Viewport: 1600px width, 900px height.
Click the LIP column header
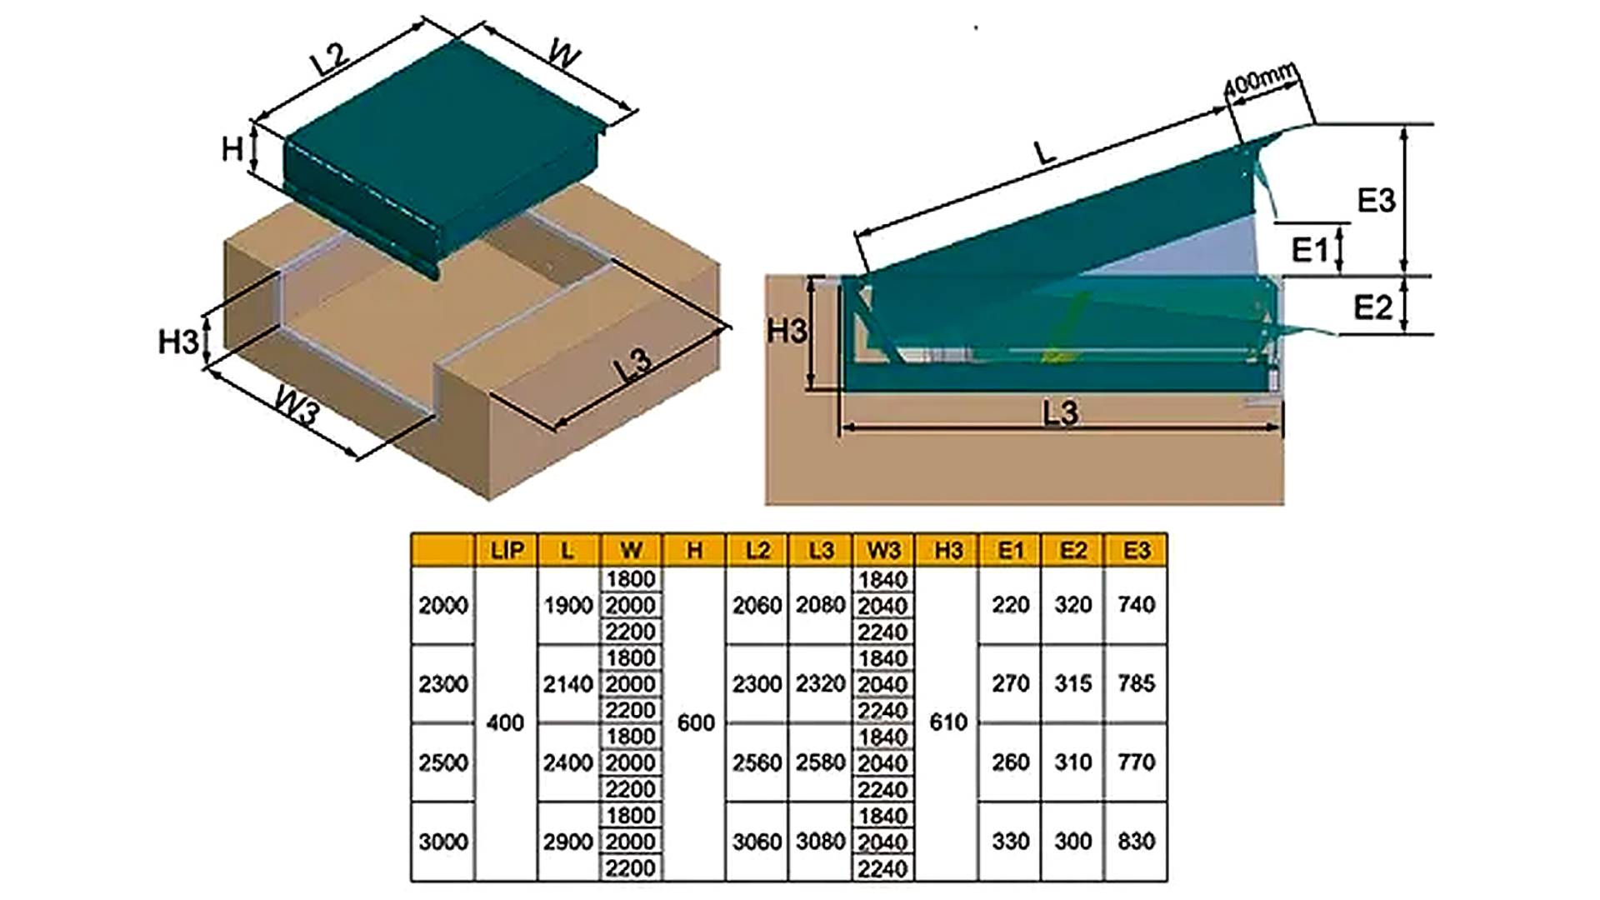(507, 550)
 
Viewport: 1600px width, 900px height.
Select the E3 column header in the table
(1136, 550)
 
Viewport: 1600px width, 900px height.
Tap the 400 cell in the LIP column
(505, 722)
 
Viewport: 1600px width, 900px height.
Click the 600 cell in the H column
(695, 722)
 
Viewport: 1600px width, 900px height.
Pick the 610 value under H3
(947, 722)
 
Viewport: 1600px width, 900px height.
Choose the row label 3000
(442, 842)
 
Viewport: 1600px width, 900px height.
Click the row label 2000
(442, 605)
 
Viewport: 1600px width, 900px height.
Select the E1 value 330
(1010, 842)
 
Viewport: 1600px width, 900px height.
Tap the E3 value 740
(1136, 605)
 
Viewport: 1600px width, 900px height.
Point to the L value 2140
(567, 684)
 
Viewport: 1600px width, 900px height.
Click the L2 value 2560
(757, 762)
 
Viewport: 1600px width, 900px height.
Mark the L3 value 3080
(820, 842)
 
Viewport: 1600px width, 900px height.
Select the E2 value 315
(1072, 684)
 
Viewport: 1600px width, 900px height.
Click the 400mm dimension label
(1260, 79)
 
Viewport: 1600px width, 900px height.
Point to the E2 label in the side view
(1372, 307)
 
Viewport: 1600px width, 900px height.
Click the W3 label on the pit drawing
(297, 407)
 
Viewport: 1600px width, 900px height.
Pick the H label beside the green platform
(232, 150)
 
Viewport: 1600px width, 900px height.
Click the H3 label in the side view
(787, 331)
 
